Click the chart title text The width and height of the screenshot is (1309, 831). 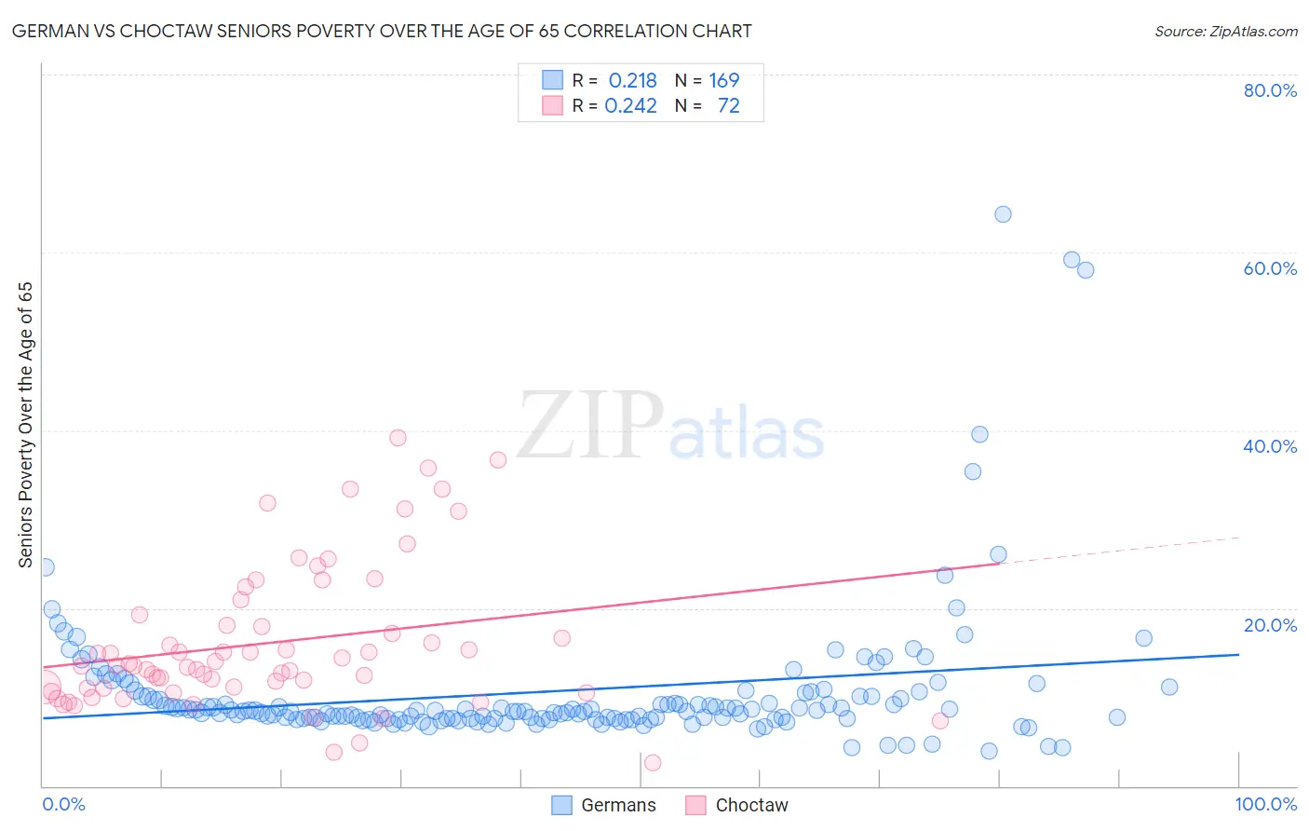click(382, 31)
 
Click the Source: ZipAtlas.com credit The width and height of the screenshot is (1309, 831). click(1225, 31)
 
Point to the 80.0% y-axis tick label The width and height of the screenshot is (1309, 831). click(1270, 90)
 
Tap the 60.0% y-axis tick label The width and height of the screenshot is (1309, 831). click(1270, 268)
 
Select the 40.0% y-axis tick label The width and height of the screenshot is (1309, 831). click(1270, 446)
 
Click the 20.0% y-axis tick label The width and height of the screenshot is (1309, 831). click(1270, 625)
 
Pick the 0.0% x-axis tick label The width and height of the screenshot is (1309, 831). click(63, 804)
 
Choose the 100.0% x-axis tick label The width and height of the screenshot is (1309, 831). click(1265, 804)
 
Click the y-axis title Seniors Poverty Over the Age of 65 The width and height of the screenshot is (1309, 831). click(25, 425)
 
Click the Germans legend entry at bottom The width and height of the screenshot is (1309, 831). click(604, 805)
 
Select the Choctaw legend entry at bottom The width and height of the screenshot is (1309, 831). click(737, 805)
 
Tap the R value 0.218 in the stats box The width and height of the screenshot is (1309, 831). click(632, 81)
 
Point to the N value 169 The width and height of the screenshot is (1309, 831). click(723, 81)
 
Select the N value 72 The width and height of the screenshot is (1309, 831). click(728, 106)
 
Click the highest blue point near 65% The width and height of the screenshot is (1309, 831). click(1003, 214)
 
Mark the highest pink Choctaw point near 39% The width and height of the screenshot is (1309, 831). click(398, 438)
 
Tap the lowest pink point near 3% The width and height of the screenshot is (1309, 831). click(653, 763)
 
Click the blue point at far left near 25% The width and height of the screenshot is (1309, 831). click(46, 567)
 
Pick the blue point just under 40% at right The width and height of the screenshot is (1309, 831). click(979, 434)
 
